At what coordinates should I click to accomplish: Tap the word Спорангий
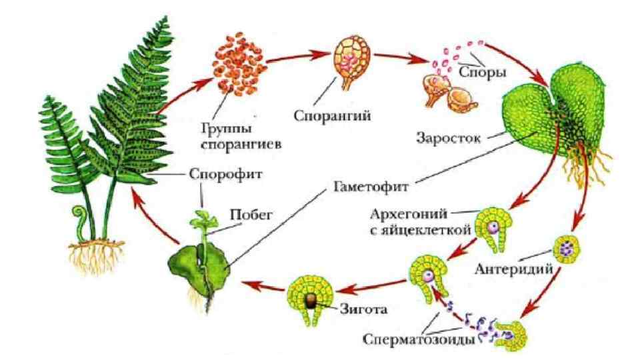(x=332, y=114)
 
